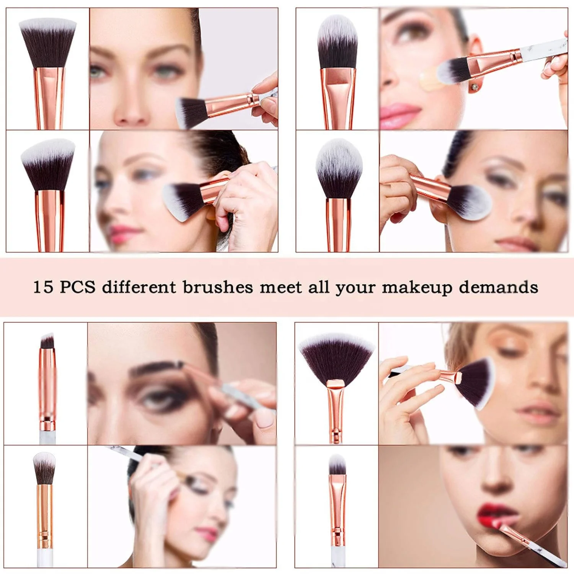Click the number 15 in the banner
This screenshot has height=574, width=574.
click(42, 287)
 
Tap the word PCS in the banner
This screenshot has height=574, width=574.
click(78, 287)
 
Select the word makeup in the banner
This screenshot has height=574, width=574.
click(417, 287)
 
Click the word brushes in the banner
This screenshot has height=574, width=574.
click(217, 287)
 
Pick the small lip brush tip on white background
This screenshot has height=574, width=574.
click(337, 465)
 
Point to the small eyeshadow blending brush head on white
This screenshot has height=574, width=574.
click(44, 467)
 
